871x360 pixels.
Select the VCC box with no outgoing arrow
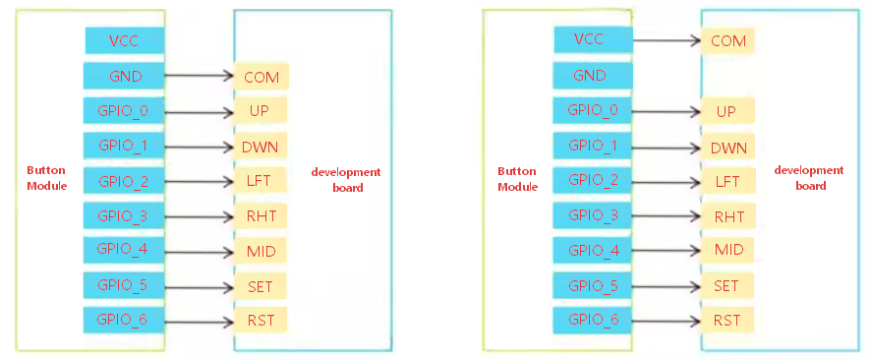[124, 40]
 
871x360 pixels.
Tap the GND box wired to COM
[124, 76]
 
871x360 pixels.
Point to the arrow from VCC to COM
[666, 40]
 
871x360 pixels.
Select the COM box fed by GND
[261, 77]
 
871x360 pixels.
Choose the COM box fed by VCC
[728, 41]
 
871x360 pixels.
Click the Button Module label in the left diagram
[46, 178]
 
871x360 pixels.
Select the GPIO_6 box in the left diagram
[124, 319]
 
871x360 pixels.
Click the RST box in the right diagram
[727, 320]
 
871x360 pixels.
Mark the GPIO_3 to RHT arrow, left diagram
[199, 215]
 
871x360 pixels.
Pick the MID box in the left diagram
[261, 252]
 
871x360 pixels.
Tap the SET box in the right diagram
[727, 285]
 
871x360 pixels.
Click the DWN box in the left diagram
[261, 148]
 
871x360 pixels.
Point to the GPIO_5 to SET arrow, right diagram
[666, 285]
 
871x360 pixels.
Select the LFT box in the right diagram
[727, 181]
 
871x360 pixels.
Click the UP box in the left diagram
[261, 112]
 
